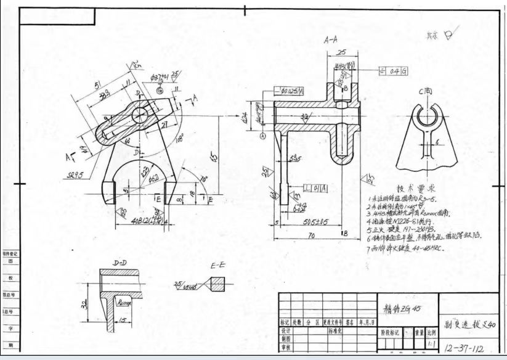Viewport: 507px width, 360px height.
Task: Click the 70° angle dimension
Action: pos(203,181)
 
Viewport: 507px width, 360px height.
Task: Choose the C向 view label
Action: pos(427,92)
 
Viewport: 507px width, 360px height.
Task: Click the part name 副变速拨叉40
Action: pos(469,325)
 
